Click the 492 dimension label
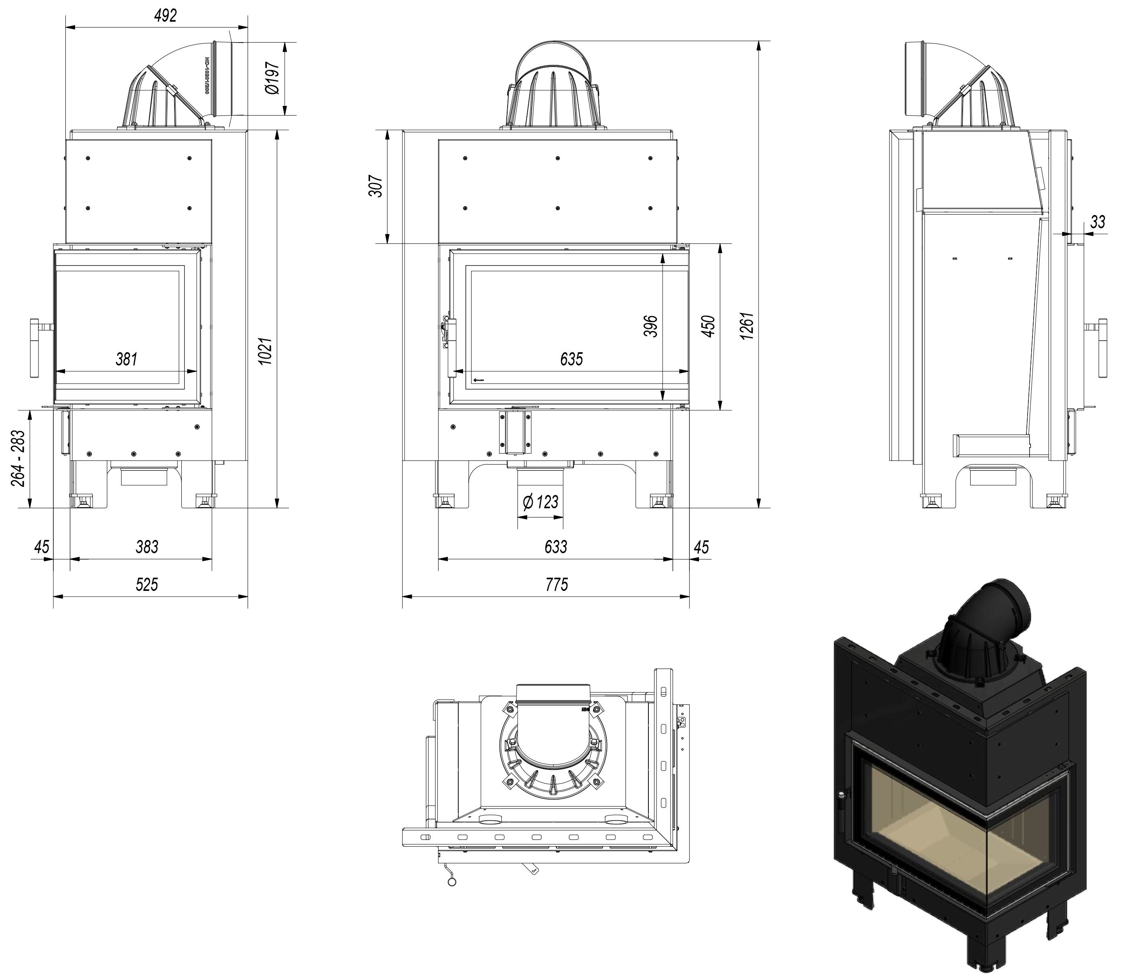165,16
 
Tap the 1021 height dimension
266,351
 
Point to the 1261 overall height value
747,326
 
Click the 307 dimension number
376,187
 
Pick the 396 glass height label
651,326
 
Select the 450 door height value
709,326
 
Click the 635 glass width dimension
571,359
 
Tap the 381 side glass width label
126,359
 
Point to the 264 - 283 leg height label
18,458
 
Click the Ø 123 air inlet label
540,502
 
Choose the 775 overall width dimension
556,584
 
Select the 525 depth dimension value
147,584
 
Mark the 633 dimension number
555,547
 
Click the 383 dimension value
147,547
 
